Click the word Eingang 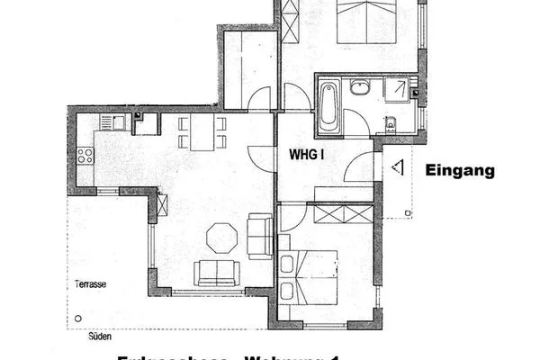pos(460,170)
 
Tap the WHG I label pos(306,154)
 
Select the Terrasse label pos(91,283)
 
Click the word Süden pos(99,341)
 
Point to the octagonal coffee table pos(221,239)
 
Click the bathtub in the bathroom pos(327,104)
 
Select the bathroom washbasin pos(361,88)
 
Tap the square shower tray pos(395,91)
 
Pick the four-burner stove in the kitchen pos(85,156)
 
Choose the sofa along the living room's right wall pos(260,236)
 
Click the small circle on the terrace pos(78,319)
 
